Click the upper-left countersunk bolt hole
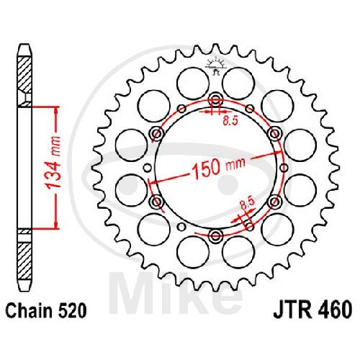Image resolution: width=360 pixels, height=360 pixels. click(156, 132)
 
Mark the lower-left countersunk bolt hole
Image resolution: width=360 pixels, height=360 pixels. click(156, 201)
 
